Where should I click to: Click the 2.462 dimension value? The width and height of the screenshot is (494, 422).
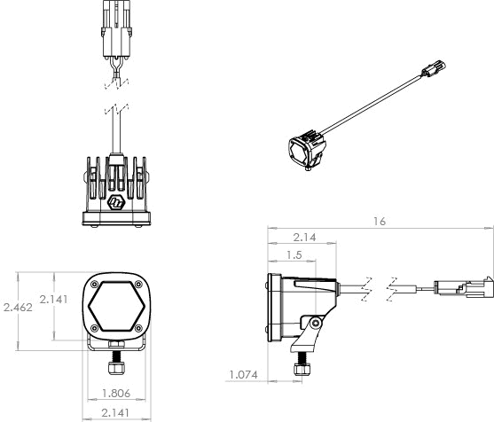click(19, 307)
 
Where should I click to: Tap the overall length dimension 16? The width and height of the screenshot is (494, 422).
click(380, 222)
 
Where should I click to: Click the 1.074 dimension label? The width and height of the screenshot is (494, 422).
click(243, 375)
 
